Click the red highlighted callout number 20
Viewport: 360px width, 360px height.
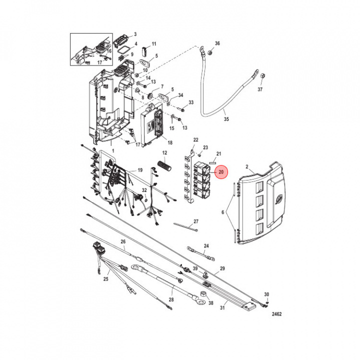[x=221, y=172]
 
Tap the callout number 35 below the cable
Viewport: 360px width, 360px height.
[x=226, y=119]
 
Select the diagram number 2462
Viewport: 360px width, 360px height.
[x=276, y=314]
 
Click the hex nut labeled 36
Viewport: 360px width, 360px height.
[x=209, y=53]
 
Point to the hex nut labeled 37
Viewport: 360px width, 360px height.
[x=263, y=75]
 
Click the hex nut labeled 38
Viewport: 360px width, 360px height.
[x=202, y=294]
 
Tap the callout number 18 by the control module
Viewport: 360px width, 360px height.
[x=170, y=143]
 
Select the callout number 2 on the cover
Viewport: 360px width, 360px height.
[x=247, y=166]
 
